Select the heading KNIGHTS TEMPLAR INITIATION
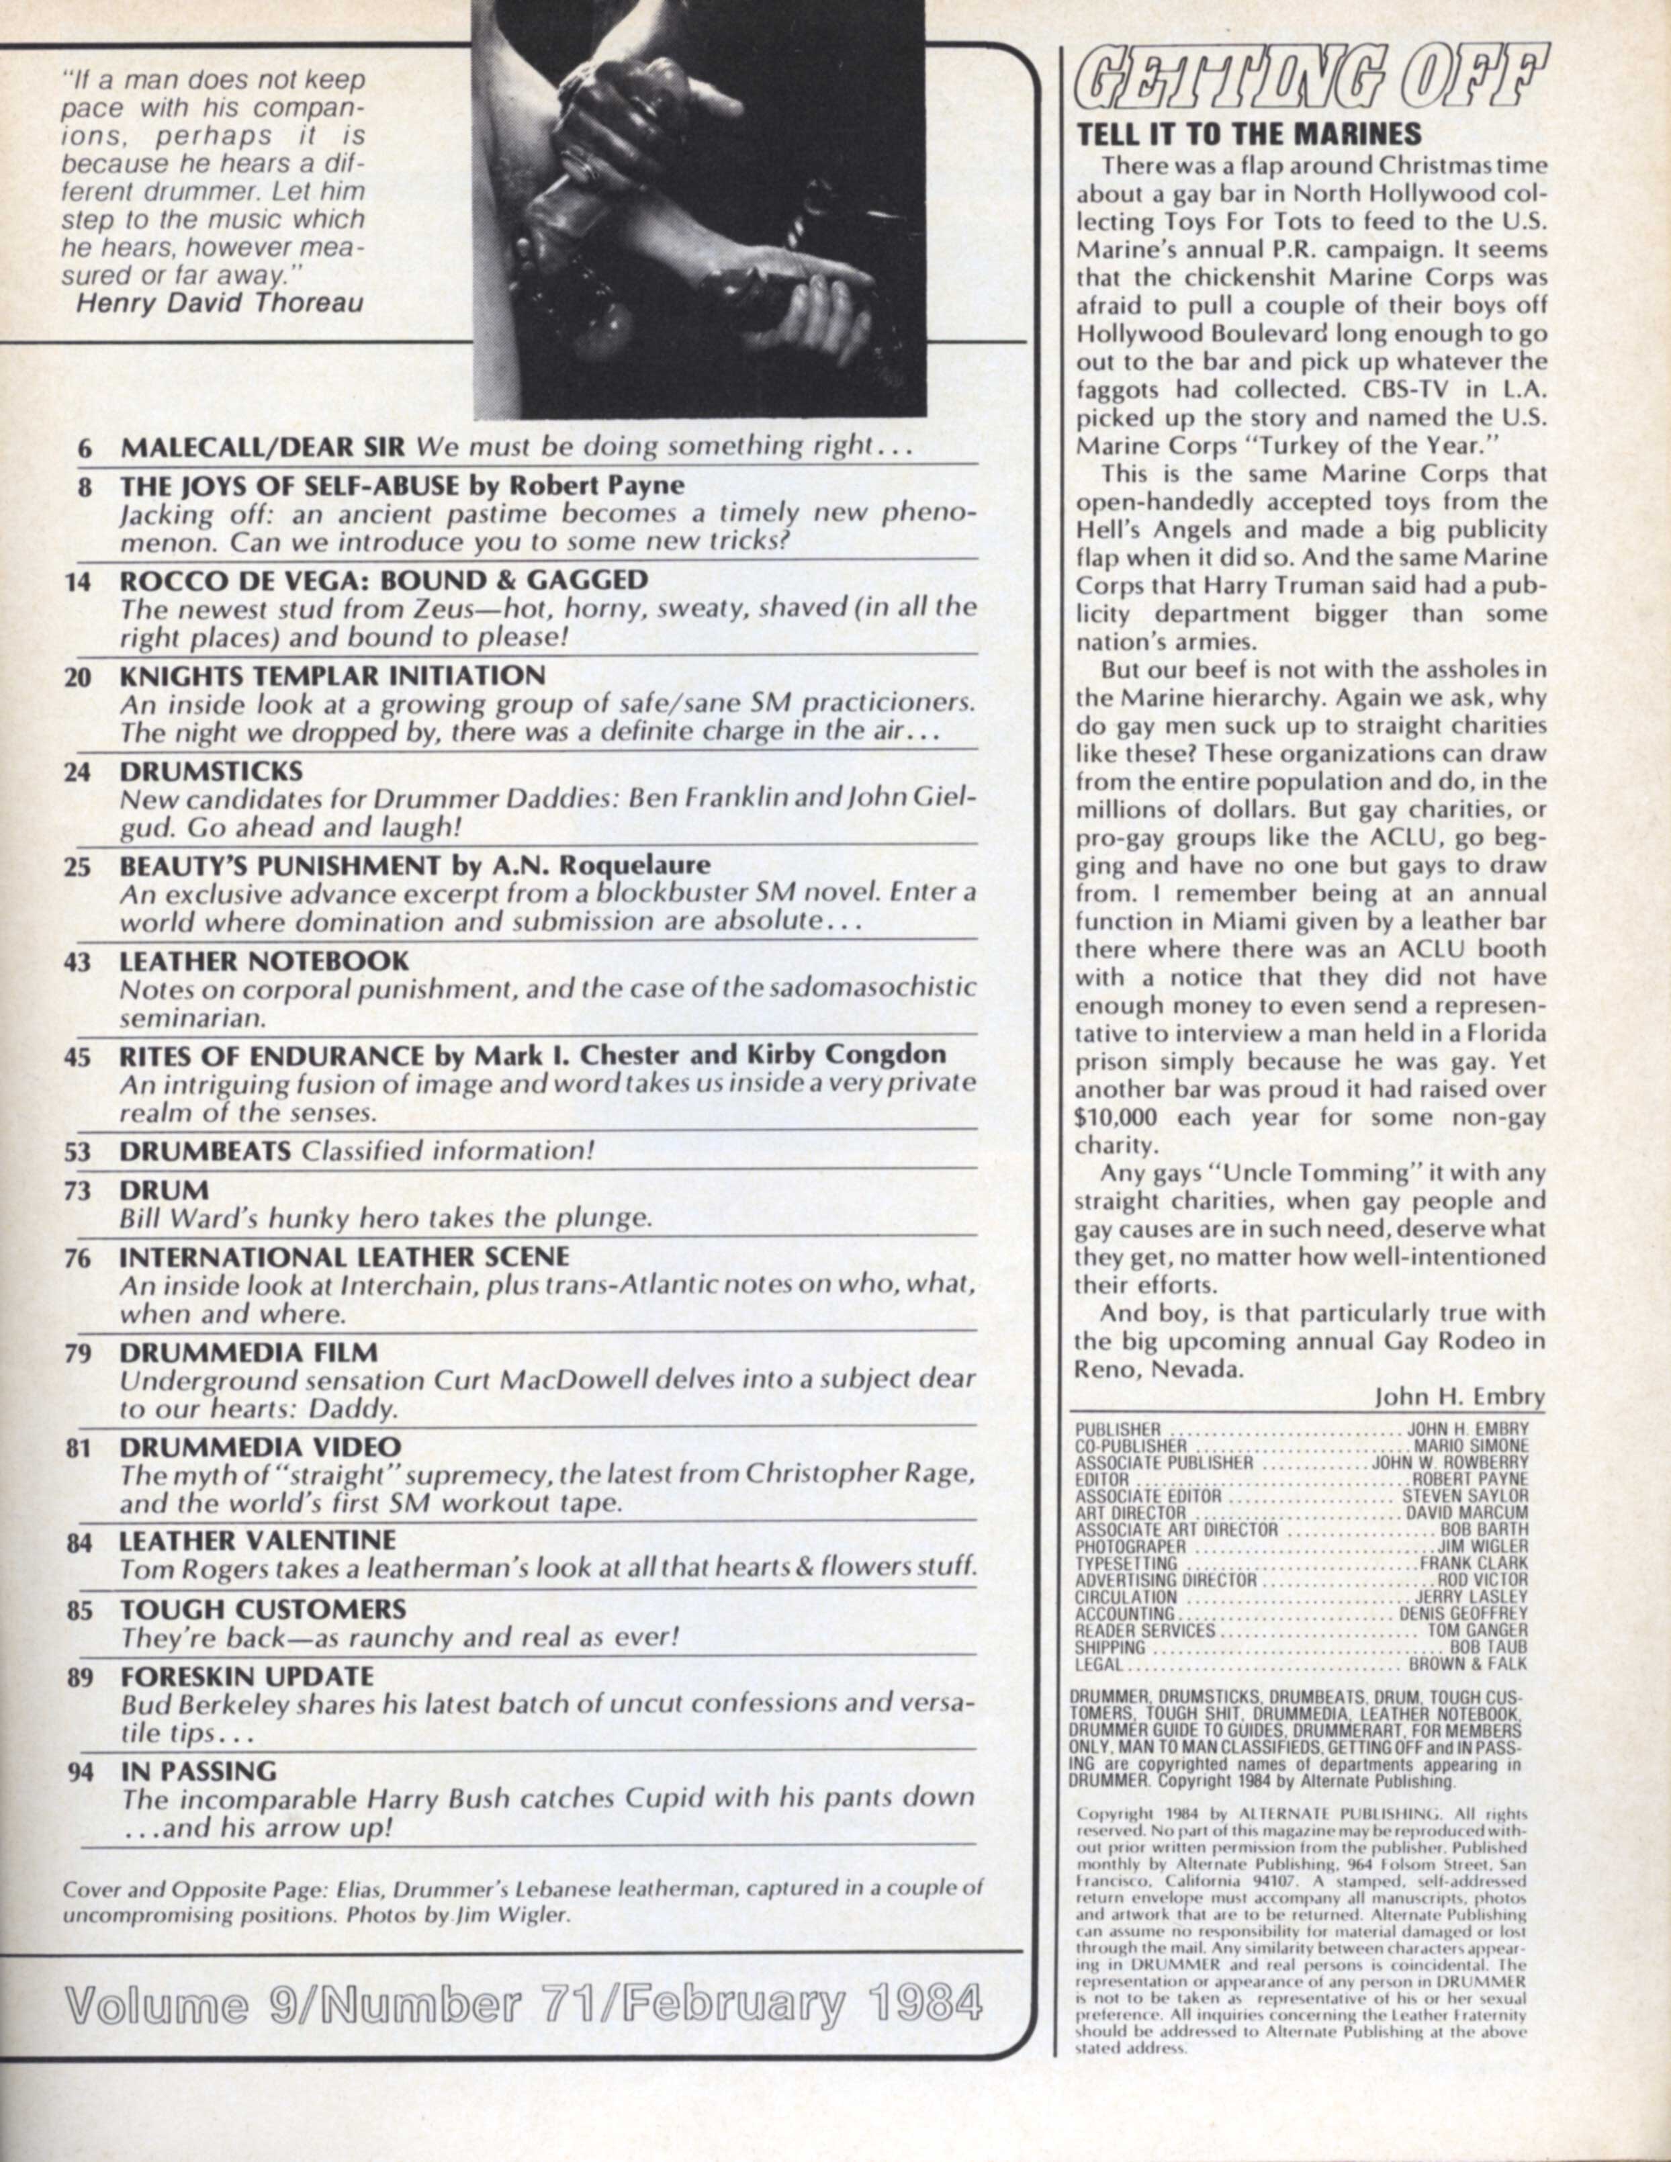click(332, 676)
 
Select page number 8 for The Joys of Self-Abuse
click(85, 486)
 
